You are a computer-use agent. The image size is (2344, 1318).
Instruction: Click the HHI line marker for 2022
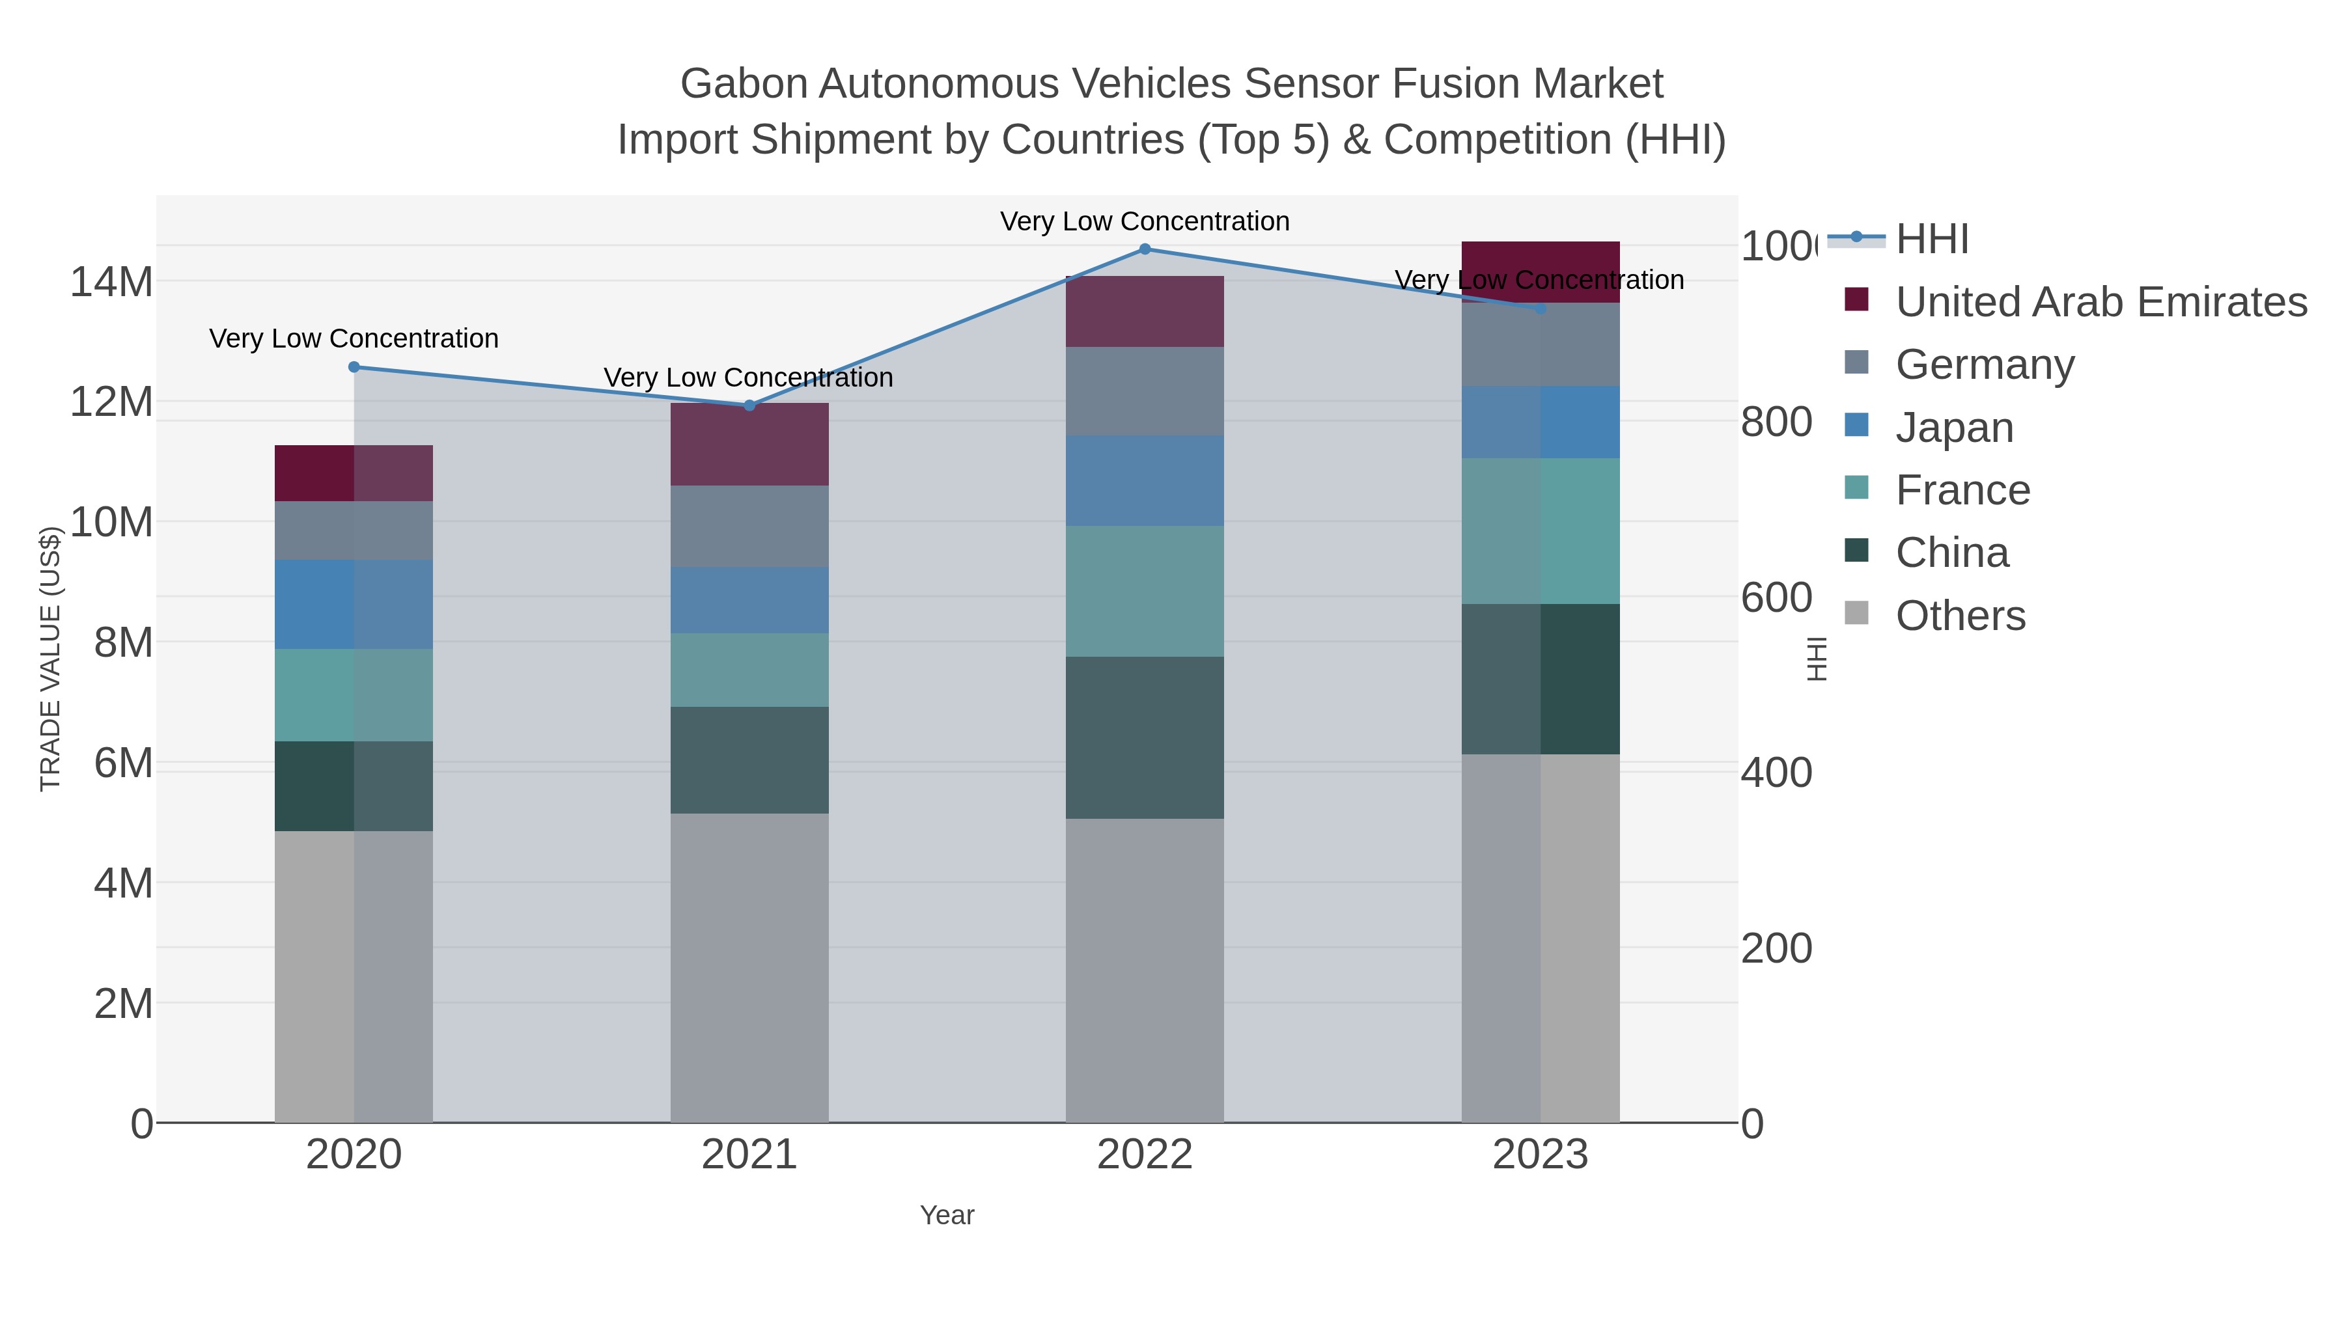point(1145,249)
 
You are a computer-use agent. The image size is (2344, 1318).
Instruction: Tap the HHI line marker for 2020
point(354,368)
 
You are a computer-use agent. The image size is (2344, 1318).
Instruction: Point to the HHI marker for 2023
point(1541,309)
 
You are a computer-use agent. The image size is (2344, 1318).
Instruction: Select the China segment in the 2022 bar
point(1145,737)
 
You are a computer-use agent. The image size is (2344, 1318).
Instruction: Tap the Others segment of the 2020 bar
point(354,976)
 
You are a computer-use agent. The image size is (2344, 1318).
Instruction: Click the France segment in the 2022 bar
point(1145,591)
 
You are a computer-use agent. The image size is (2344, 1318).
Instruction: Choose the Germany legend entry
point(1985,364)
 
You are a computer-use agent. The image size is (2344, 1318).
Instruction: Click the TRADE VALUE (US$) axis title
point(50,659)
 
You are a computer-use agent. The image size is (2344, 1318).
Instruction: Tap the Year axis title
point(946,1215)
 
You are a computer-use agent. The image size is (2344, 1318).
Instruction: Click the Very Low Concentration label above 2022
point(1145,222)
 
